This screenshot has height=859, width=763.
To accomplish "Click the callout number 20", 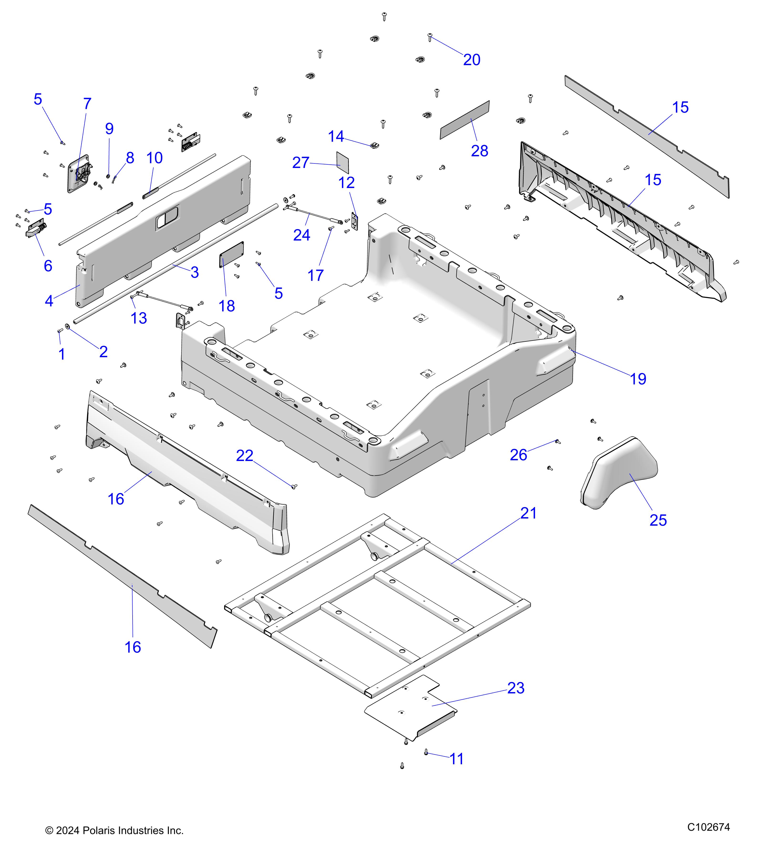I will coord(472,60).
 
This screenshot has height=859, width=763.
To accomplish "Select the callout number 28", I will coord(479,151).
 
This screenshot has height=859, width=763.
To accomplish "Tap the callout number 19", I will coord(638,379).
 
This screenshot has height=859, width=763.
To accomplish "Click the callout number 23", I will coord(516,688).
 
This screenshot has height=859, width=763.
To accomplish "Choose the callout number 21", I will coord(528,513).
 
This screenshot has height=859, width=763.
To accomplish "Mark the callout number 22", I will coord(244,456).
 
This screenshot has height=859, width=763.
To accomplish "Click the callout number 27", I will coord(301,163).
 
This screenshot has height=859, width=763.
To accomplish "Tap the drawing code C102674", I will coord(708,827).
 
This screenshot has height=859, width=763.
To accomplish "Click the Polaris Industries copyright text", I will coord(114,830).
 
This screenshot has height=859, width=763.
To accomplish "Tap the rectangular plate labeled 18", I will coord(231,255).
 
